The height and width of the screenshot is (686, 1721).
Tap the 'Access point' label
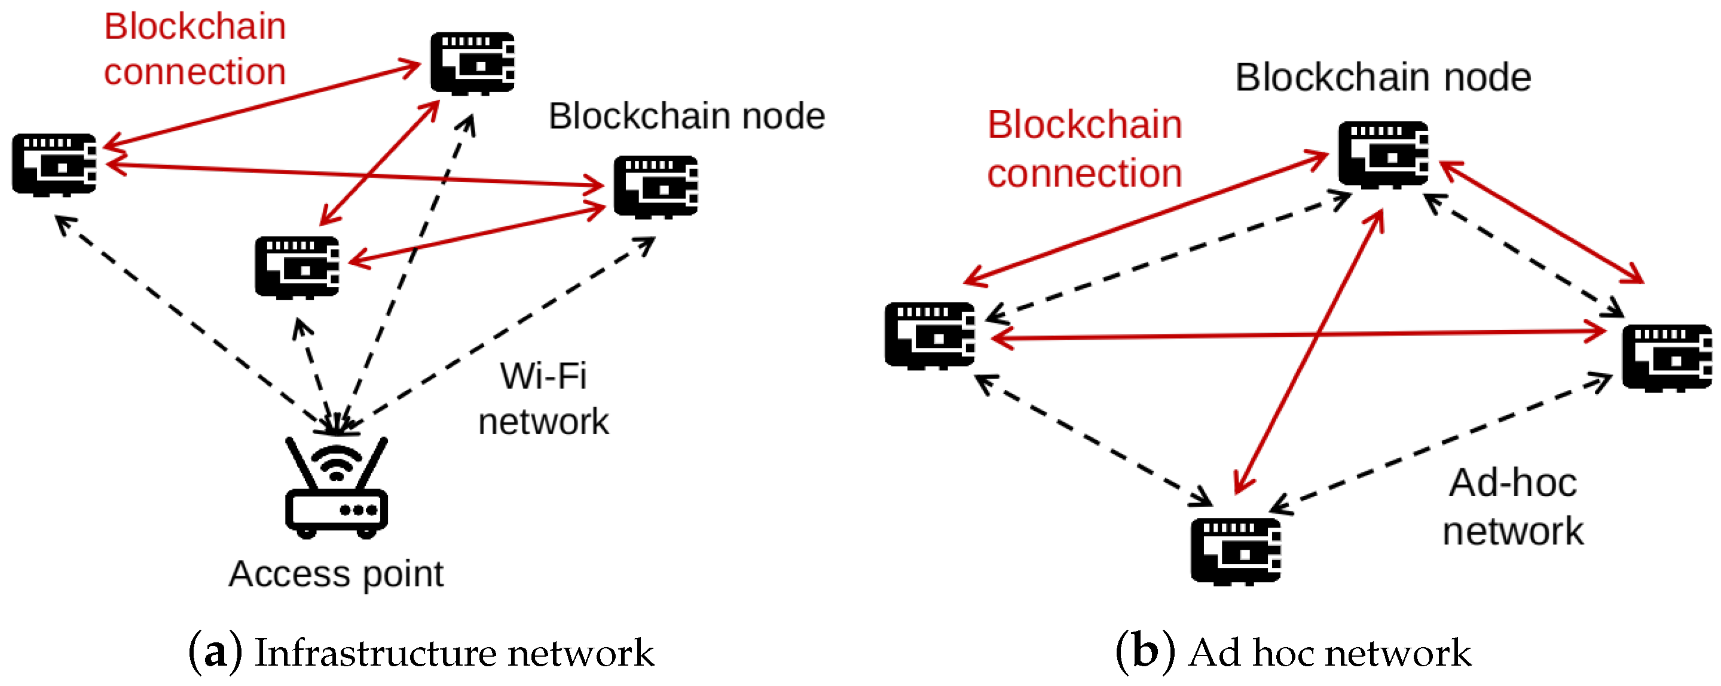(336, 574)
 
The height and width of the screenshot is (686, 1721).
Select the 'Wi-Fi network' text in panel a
(543, 398)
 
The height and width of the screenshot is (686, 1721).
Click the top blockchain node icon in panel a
(472, 63)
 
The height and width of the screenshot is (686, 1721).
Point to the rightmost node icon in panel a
(655, 187)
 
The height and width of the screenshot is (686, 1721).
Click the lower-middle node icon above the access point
(296, 267)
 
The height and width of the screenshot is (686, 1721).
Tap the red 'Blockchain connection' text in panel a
(194, 49)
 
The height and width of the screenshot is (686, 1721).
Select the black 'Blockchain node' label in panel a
(686, 117)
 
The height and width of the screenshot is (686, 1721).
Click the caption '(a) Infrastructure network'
(421, 652)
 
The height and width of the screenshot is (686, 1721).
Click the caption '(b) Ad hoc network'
(1294, 652)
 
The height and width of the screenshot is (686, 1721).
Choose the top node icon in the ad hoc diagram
(1383, 154)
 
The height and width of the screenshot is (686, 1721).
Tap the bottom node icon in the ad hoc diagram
(1235, 551)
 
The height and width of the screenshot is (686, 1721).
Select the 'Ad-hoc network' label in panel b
(1512, 507)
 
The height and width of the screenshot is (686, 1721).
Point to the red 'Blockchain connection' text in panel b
(1084, 149)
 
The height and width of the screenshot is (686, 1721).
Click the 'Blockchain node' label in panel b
(1382, 77)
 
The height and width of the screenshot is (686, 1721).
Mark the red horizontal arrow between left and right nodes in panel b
(1296, 334)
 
